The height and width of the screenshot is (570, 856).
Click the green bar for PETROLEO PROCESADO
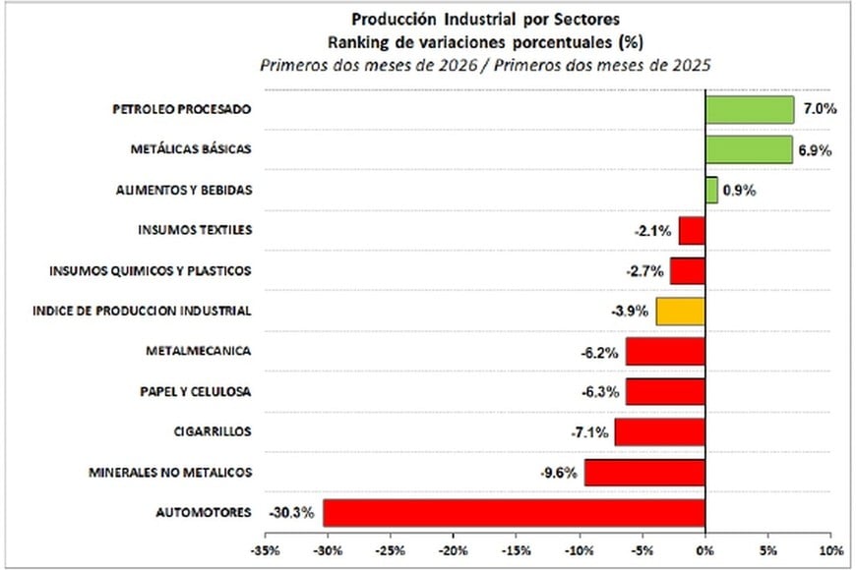(749, 110)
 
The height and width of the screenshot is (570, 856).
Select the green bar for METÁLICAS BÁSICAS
(748, 150)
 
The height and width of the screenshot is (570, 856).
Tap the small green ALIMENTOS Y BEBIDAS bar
(710, 191)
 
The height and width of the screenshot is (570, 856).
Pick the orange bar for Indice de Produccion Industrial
(680, 312)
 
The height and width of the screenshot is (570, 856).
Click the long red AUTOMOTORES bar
(514, 513)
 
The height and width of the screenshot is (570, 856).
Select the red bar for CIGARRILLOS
(659, 432)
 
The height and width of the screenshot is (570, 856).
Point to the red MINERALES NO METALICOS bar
(644, 473)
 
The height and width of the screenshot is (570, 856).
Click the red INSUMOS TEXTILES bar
(692, 231)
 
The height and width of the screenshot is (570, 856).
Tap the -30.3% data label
(291, 513)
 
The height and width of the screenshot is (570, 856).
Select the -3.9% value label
(630, 312)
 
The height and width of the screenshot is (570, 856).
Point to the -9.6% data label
(558, 473)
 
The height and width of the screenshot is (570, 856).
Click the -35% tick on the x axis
(265, 548)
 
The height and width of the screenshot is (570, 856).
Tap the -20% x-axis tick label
(454, 548)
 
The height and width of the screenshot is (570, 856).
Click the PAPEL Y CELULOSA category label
(195, 392)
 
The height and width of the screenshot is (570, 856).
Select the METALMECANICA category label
(198, 351)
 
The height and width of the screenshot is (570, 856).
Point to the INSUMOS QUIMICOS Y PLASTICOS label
(150, 270)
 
